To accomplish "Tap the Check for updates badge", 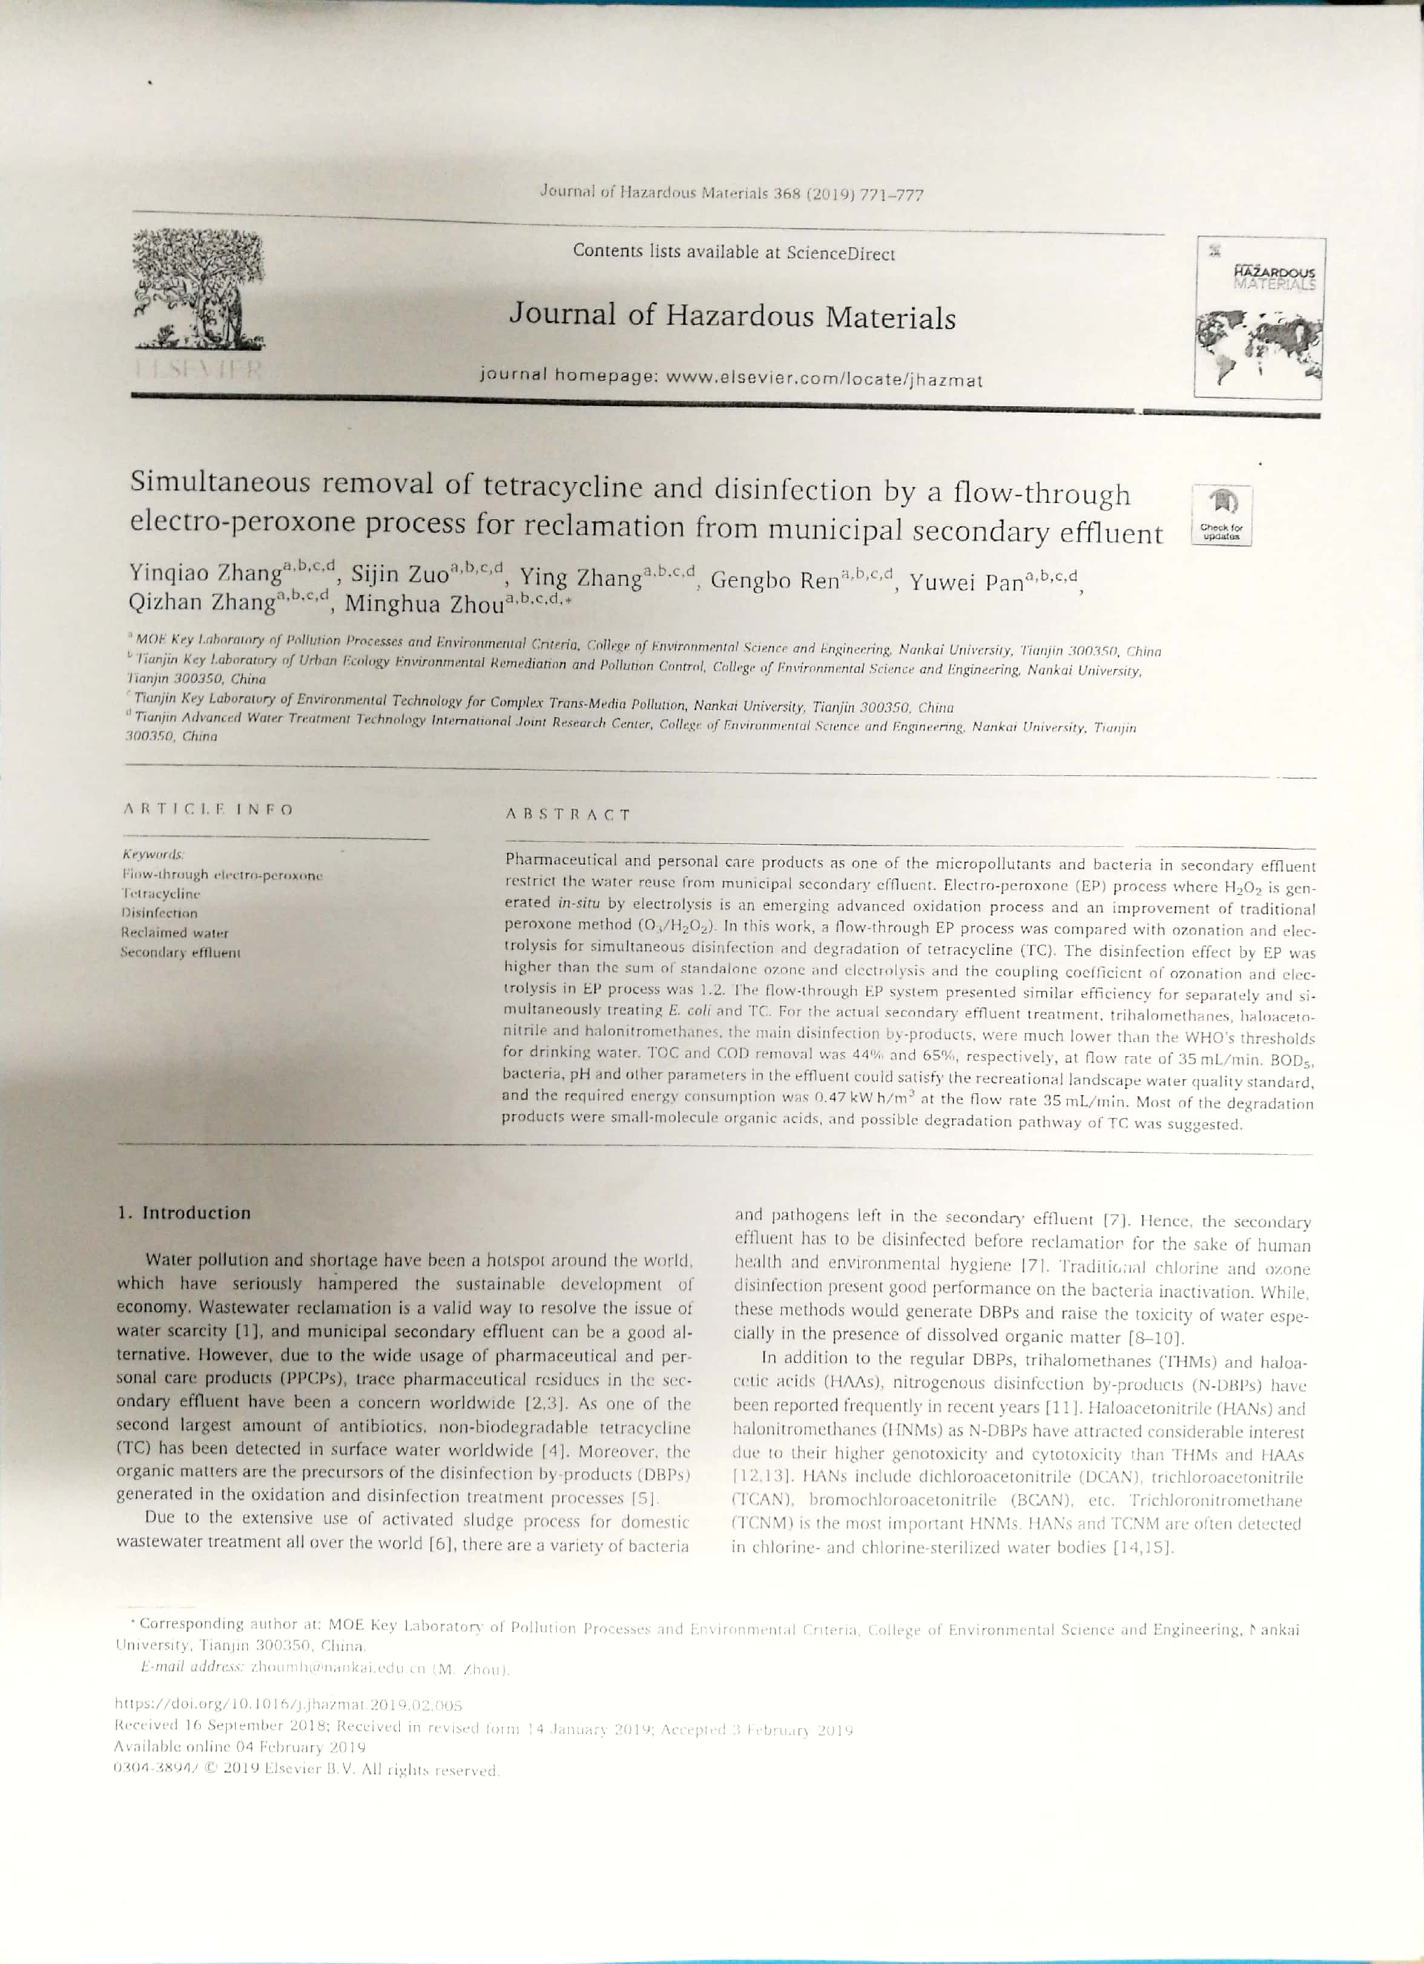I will (1221, 515).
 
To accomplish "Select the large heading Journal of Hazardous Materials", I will (732, 316).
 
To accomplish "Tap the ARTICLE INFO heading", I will (208, 809).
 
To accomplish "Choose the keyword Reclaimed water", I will (175, 932).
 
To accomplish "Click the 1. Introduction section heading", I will (185, 1212).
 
